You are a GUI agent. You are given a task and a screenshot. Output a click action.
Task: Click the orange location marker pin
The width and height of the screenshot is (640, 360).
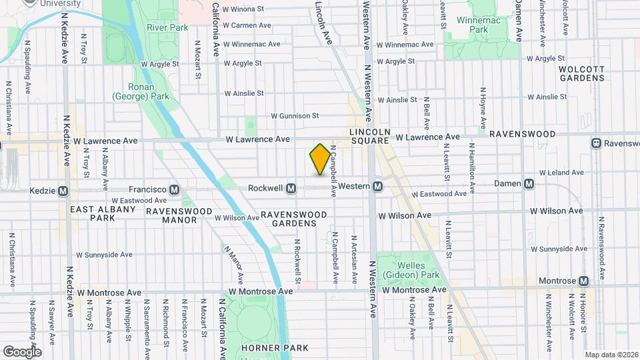point(320,159)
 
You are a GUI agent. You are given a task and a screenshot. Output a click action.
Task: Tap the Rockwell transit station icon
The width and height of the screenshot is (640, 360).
point(291,189)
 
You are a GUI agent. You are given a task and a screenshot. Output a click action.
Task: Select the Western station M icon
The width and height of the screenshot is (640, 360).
point(377,187)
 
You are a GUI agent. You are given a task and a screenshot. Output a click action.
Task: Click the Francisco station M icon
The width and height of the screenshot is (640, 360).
point(174,189)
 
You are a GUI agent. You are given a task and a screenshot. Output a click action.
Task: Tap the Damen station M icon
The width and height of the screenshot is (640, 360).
point(529,183)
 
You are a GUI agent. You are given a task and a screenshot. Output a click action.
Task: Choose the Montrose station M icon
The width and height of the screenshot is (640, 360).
point(584,281)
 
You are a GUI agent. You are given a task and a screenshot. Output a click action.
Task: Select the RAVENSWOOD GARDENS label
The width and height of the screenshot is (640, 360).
point(294,219)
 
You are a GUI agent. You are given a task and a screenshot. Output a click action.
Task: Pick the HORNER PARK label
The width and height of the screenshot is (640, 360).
point(275,348)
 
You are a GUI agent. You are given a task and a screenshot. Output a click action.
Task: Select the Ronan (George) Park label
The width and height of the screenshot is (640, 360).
point(151,92)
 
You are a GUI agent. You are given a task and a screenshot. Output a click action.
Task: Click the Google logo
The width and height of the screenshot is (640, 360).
point(22,351)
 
